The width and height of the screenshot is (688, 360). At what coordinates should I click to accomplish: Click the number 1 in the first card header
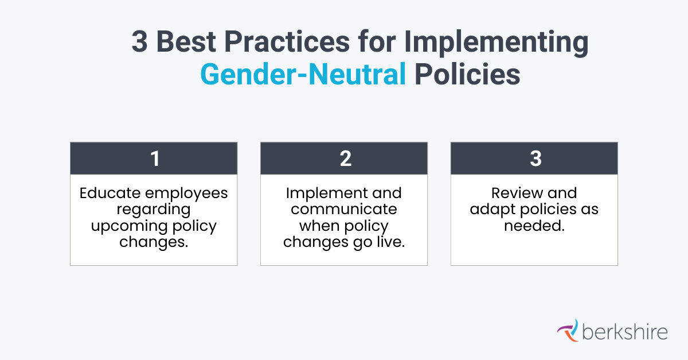point(154,158)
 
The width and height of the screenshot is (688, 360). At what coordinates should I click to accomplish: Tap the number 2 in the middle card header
point(345,158)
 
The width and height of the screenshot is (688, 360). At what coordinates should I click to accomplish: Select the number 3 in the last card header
point(534,158)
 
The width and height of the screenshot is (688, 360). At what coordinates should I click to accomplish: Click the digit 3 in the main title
point(140,43)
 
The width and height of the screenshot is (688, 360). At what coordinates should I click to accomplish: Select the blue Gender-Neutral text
point(303,75)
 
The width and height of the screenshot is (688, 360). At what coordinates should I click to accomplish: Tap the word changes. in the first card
point(154,242)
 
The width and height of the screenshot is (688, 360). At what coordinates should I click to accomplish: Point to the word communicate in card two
point(344,209)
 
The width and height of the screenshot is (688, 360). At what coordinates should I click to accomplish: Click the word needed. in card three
point(534,226)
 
